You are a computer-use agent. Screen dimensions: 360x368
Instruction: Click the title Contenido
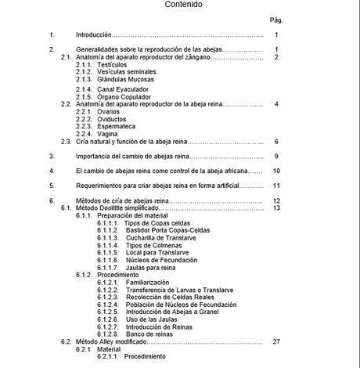[183, 5]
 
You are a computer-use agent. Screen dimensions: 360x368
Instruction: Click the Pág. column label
[275, 20]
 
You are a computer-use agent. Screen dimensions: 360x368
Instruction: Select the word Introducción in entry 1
[94, 35]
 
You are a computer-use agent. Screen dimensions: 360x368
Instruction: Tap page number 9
[277, 157]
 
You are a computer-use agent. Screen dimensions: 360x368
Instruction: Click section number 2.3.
[66, 142]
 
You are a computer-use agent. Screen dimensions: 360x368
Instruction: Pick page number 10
[276, 171]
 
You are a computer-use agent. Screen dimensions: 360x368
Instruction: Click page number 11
[276, 186]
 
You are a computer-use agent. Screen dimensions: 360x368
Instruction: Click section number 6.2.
[66, 341]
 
